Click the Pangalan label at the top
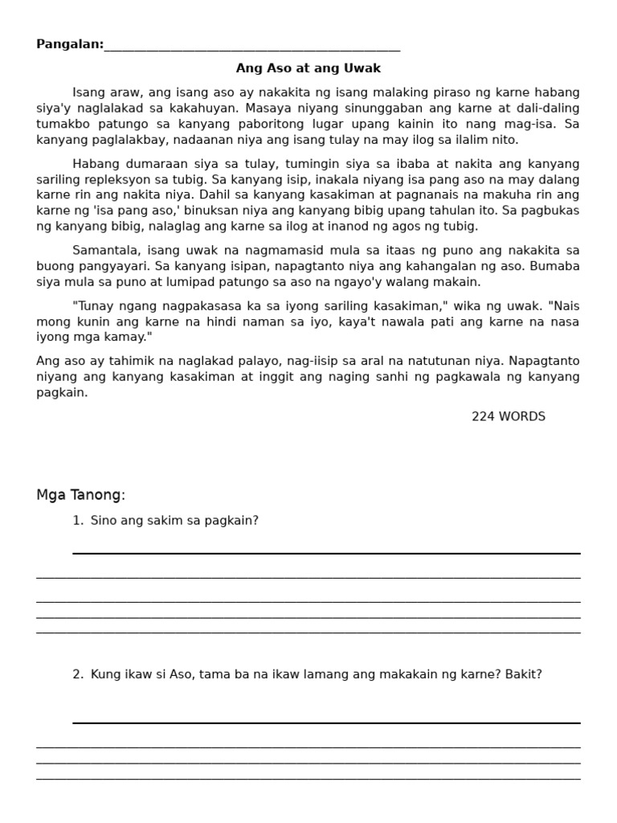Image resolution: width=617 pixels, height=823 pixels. [x=69, y=44]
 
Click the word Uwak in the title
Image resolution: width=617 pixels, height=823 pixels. [x=365, y=68]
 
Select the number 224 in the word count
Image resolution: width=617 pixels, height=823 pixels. [x=484, y=416]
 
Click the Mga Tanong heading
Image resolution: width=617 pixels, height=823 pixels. [x=80, y=495]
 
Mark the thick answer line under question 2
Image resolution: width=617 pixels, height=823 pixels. [x=326, y=723]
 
